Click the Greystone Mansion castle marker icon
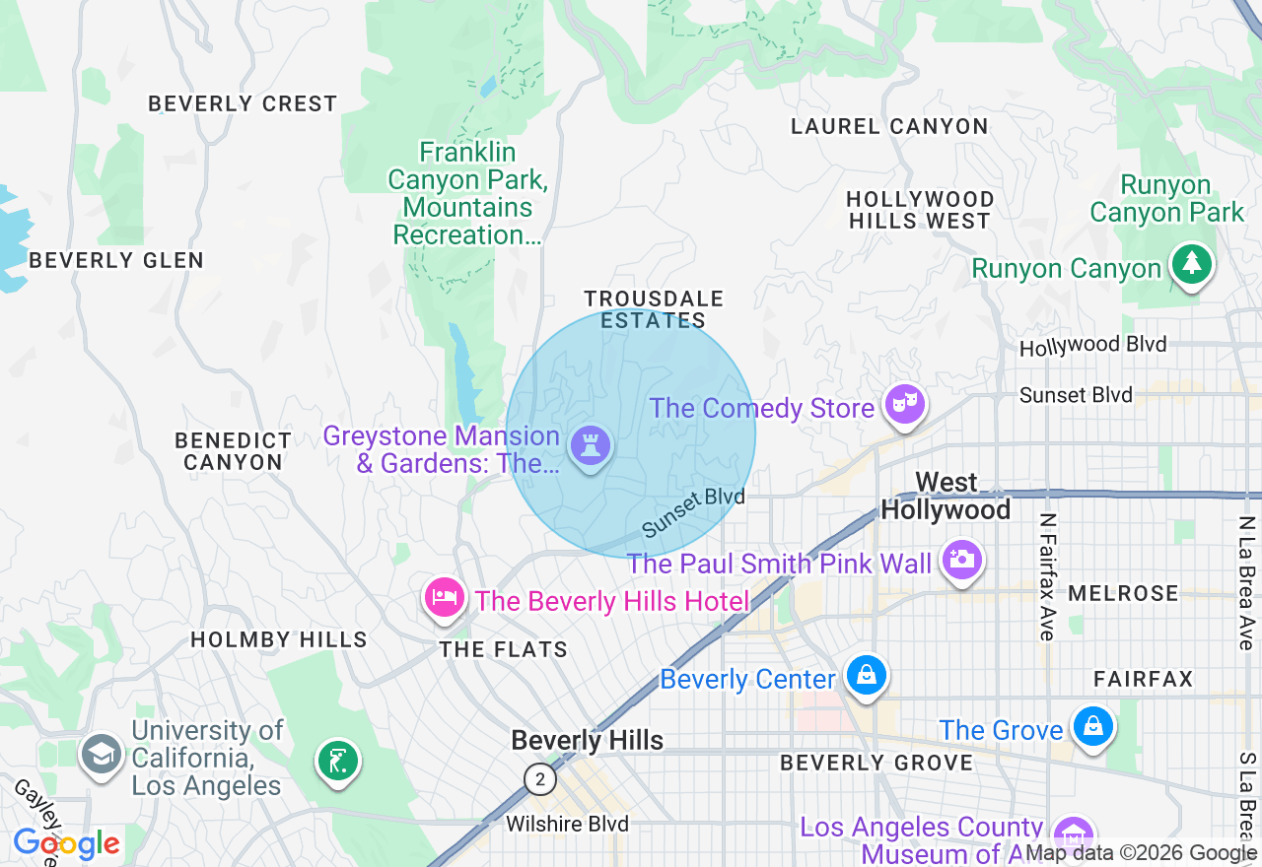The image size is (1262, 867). point(591,445)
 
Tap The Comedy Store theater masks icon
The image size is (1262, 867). point(904,404)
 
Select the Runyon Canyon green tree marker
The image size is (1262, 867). point(1192,264)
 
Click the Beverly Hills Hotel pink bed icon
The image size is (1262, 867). point(445,597)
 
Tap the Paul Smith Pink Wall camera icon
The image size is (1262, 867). point(961,560)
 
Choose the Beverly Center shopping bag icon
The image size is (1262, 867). point(866,676)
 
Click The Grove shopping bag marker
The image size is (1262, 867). point(1092,727)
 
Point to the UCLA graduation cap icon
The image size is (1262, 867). point(102,755)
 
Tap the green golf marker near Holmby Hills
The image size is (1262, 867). point(337,761)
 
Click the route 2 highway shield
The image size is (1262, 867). point(539,779)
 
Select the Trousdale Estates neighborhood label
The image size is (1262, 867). point(654,309)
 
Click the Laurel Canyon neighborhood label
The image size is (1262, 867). point(889,126)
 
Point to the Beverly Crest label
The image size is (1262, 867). point(243,103)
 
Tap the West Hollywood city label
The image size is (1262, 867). point(946,496)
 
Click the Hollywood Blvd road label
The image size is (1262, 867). point(1092,346)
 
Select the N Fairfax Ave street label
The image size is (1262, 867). point(1047,576)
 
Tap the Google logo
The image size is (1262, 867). point(66,843)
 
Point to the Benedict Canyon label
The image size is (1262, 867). point(234,451)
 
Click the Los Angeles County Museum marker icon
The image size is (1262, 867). point(1073,833)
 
